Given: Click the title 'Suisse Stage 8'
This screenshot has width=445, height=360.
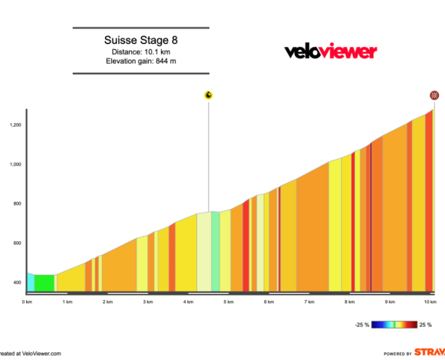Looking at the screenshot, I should coord(146,40).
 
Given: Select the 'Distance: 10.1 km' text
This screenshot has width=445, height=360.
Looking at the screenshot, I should coord(146,51).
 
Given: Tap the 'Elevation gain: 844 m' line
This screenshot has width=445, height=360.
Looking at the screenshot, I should coord(146,61).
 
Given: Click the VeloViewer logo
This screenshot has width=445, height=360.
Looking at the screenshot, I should coord(331,51).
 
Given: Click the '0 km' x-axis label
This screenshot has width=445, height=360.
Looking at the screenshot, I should coord(28,302).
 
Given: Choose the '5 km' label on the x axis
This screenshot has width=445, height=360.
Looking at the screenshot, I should coord(228,302).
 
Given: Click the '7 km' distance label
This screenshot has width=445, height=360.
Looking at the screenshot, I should coord(308,302).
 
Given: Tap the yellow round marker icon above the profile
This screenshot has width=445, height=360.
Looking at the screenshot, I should coord(208,95).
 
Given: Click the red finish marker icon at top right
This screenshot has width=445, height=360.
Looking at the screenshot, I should coord(434,95).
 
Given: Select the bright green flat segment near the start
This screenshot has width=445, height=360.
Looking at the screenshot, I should coord(44,283).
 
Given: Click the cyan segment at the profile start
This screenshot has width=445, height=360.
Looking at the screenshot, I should coord(31,282).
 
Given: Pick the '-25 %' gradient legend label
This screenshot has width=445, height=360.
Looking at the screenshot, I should coord(361,325).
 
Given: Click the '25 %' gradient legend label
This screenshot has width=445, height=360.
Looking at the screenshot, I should coord(424,325).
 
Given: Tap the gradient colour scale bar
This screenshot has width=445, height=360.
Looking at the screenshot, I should coord(394,325).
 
